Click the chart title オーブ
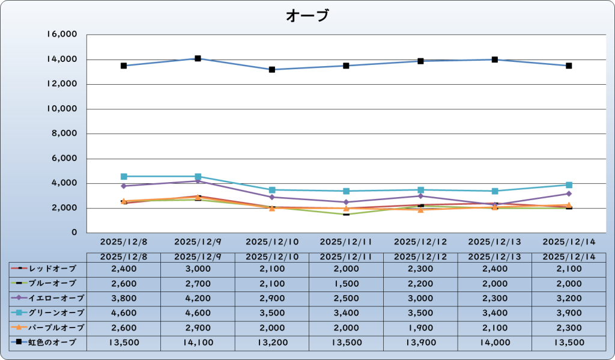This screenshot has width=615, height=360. pos(307,16)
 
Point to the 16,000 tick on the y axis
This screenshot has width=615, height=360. pos(61,35)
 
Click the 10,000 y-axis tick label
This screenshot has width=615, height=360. pos(61,109)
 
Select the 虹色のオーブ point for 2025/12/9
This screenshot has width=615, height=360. pos(198,58)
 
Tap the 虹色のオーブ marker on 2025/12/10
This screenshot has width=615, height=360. pos(272,70)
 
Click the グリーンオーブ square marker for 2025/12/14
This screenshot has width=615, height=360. pos(569,185)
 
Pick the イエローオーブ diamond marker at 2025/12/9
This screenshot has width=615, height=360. pos(198,181)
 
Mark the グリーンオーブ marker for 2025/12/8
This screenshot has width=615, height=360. pos(124,177)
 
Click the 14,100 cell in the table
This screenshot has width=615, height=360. pos(198,343)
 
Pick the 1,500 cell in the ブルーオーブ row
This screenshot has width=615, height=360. pos(346,282)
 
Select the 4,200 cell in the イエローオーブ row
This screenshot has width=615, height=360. pos(198,297)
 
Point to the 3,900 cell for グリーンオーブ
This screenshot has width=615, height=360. pos(569,313)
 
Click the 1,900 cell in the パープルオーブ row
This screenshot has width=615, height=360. pos(420,328)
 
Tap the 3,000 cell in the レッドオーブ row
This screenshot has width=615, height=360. pos(198,267)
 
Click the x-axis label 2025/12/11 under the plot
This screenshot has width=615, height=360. pos(346,242)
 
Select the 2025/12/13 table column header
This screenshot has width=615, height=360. pos(494,257)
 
